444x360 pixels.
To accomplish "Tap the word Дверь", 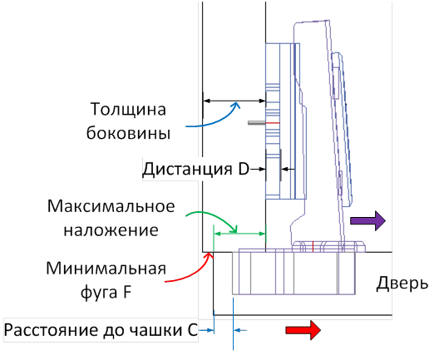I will point(402,284).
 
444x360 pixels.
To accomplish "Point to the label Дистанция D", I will point(196,170).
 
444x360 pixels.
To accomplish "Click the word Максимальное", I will point(110,205).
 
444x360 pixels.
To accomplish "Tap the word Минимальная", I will point(106,270).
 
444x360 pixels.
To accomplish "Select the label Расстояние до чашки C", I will point(100,330).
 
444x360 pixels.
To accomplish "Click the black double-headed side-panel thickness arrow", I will point(234,101).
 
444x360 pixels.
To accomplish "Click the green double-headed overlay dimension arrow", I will point(239,234).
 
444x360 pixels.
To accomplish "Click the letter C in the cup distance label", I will point(191,330).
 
